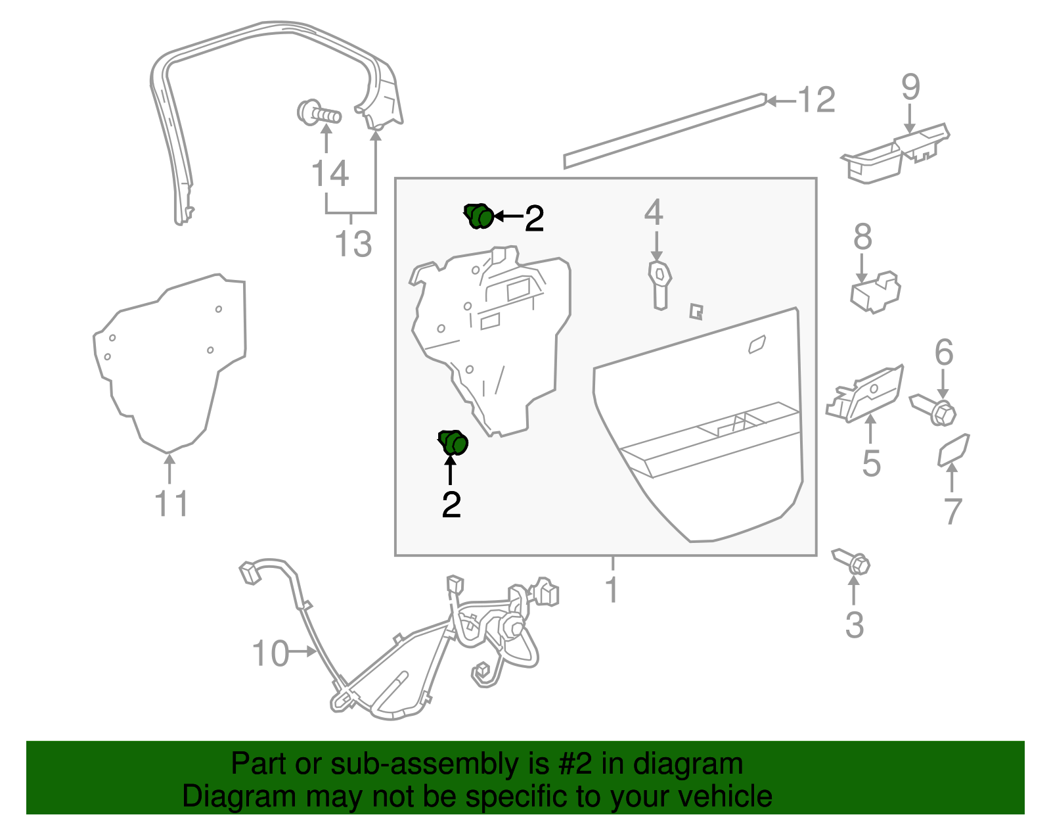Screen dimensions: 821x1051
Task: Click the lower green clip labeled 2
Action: pyautogui.click(x=453, y=442)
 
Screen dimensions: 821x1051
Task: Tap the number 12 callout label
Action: pyautogui.click(x=816, y=101)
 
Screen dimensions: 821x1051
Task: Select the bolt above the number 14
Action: pyautogui.click(x=319, y=114)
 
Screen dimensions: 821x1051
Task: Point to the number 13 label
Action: pyautogui.click(x=353, y=244)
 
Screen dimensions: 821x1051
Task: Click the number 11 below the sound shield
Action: pyautogui.click(x=171, y=504)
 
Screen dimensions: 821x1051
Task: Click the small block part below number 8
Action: pyautogui.click(x=875, y=292)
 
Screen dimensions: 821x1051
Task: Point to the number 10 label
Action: pyautogui.click(x=271, y=654)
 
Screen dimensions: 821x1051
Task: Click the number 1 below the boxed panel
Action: pyautogui.click(x=612, y=589)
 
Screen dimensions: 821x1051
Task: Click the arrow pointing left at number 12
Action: pyautogui.click(x=780, y=101)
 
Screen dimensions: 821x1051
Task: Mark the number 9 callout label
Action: pyautogui.click(x=910, y=87)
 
